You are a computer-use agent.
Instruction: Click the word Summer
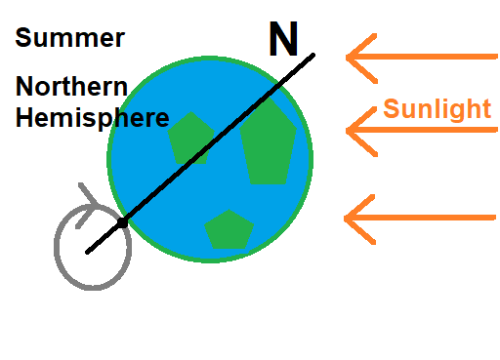click(69, 39)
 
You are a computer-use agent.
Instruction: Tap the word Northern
click(71, 87)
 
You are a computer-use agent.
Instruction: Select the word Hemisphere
click(92, 119)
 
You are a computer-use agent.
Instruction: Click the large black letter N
click(283, 39)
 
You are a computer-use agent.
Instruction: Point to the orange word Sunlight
click(437, 108)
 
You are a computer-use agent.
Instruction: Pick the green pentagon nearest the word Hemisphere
click(191, 138)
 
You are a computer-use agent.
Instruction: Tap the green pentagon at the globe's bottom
click(229, 229)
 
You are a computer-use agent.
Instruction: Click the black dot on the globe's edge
click(122, 224)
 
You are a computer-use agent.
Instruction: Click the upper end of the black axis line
click(312, 55)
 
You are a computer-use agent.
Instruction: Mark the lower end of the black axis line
click(88, 252)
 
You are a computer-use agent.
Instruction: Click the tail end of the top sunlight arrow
click(494, 57)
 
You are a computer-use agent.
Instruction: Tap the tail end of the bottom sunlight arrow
click(494, 218)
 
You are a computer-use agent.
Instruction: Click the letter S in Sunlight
click(392, 108)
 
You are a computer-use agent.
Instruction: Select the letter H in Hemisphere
click(24, 119)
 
